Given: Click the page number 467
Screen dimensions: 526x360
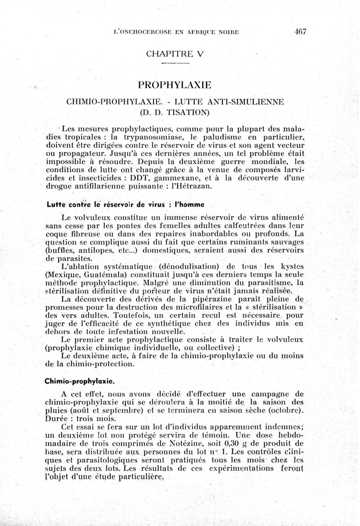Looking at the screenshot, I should point(300,31).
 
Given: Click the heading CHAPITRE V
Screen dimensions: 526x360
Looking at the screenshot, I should point(175,54).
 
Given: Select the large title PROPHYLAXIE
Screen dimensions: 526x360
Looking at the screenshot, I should point(175,85).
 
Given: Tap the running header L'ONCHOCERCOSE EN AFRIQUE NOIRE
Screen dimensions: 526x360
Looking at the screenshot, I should point(176,32).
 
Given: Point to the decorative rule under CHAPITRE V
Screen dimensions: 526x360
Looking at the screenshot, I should point(175,65).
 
